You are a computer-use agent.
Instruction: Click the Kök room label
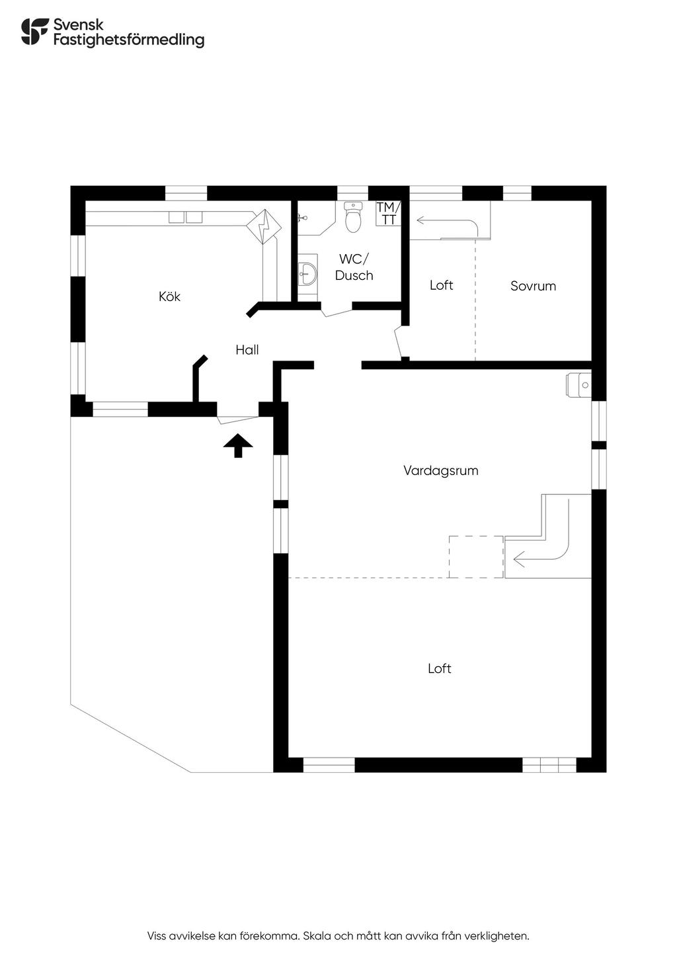tap(169, 296)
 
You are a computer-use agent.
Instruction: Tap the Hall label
tap(247, 350)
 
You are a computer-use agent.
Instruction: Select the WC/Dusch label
tap(354, 267)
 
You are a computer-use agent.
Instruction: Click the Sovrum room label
tap(533, 286)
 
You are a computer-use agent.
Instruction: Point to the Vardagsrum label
tap(440, 470)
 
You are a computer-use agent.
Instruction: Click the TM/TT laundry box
tap(388, 214)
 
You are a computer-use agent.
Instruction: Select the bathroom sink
tap(307, 272)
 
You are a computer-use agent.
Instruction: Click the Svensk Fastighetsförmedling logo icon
tap(34, 32)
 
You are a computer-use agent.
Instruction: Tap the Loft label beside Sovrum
tap(441, 285)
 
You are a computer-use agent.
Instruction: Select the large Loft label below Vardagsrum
tap(439, 668)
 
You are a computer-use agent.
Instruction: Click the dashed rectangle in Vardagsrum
tap(476, 556)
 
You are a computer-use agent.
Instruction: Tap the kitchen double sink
tap(184, 217)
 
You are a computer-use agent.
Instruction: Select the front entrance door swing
tap(237, 415)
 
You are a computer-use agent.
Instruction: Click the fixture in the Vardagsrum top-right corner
tap(578, 384)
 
